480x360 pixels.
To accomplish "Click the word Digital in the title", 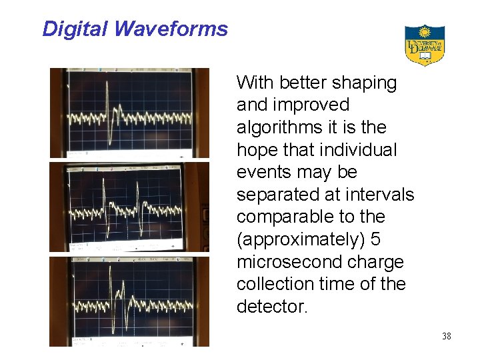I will [74, 29].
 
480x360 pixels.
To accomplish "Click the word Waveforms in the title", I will [171, 29].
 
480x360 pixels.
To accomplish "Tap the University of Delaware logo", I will [425, 45].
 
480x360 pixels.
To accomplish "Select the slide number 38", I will [446, 336].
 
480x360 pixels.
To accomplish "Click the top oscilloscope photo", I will [129, 113].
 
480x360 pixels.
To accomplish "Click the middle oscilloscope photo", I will [129, 207].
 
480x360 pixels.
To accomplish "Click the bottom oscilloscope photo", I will [129, 301].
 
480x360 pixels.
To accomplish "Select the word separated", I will [279, 195].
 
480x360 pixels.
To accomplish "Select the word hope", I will [257, 150].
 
